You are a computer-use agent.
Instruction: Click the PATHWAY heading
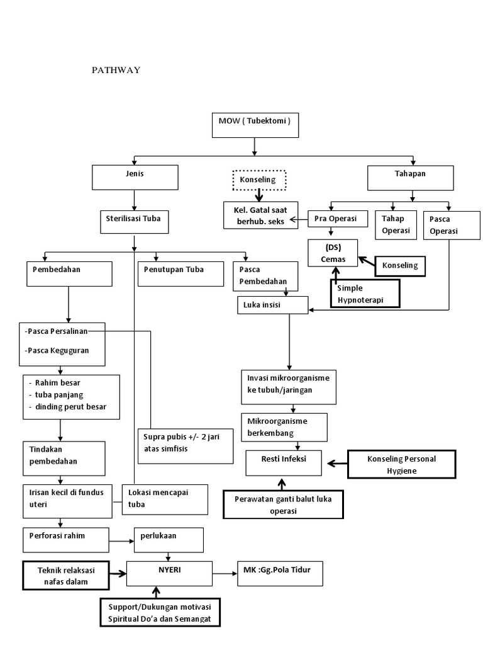[116, 70]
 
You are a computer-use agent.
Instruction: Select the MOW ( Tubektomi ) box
[254, 125]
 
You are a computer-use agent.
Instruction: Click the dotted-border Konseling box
[258, 180]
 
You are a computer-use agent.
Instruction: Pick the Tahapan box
[410, 177]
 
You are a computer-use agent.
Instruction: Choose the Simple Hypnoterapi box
[365, 294]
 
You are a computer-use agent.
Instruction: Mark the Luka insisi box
[272, 305]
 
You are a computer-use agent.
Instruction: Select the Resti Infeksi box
[284, 465]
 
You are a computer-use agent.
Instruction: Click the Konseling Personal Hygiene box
[401, 465]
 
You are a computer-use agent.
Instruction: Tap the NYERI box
[169, 573]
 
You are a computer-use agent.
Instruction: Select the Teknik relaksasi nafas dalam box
[65, 574]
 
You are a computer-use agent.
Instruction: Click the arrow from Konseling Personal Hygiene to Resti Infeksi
[336, 465]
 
